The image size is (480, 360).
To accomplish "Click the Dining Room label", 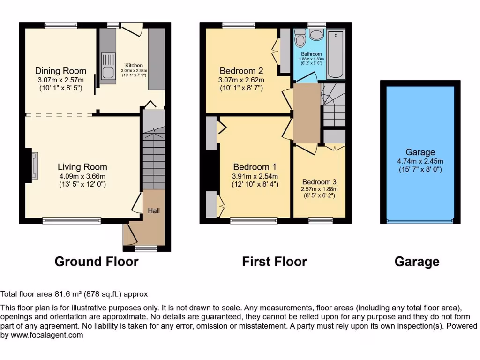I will [x=61, y=71].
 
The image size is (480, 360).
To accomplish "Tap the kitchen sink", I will [x=108, y=67].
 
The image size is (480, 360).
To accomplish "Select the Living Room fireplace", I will [x=34, y=166].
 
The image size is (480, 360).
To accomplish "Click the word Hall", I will [x=154, y=210].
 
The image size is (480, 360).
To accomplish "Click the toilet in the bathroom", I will [x=317, y=35].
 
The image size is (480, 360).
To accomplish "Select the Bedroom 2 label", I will [x=241, y=71].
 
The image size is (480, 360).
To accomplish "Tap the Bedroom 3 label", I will [x=319, y=182].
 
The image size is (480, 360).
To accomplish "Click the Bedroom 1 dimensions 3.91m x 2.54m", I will [x=255, y=176].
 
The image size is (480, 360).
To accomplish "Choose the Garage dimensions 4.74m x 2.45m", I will [x=420, y=161].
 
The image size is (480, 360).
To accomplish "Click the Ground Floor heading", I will [x=97, y=262].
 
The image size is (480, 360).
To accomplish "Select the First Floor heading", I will [x=274, y=262].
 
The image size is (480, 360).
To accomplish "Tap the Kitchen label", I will [x=134, y=65].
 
